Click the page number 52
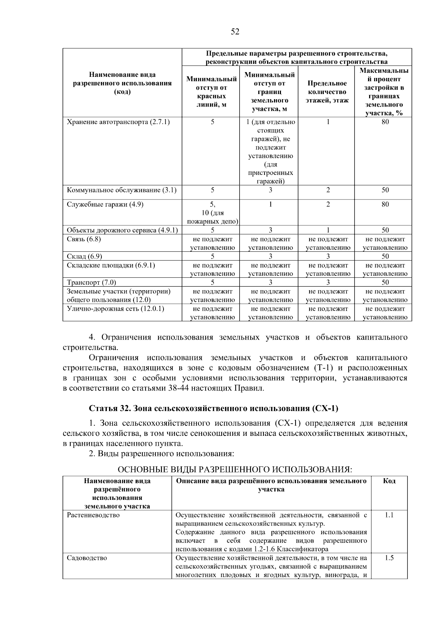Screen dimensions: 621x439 click(x=235, y=32)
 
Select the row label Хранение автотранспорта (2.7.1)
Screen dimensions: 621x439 click(x=118, y=122)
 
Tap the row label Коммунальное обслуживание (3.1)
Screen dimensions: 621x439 click(x=121, y=190)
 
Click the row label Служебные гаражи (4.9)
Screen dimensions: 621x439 click(x=105, y=204)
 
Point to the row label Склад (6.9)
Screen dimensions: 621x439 click(x=85, y=256)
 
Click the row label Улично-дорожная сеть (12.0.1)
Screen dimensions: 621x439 click(x=115, y=308)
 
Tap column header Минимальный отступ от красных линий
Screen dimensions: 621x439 click(x=211, y=92)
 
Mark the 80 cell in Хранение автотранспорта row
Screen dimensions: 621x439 click(x=385, y=122)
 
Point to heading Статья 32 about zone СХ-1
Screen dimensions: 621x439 click(x=214, y=408)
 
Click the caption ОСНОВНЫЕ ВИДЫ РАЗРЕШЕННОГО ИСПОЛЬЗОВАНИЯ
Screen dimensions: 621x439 click(x=234, y=470)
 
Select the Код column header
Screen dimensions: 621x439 click(x=389, y=481)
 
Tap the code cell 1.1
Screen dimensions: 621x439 click(x=389, y=515)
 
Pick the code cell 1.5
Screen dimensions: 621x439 click(x=389, y=558)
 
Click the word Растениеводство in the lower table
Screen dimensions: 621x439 click(x=93, y=515)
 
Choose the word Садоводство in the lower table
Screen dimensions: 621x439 click(x=87, y=558)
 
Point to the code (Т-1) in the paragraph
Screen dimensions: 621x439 click(x=323, y=368)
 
